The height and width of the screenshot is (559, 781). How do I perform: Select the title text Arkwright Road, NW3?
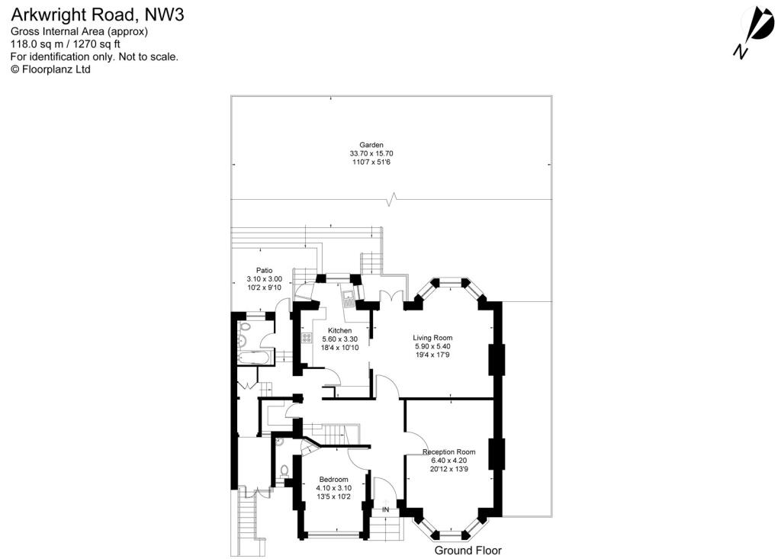click(96, 13)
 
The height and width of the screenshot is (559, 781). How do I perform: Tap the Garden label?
click(372, 144)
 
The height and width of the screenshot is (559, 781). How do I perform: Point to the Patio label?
click(264, 270)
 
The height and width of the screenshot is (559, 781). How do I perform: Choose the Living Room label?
click(432, 338)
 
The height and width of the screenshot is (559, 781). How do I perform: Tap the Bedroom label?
click(333, 479)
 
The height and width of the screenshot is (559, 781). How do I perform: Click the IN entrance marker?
click(386, 509)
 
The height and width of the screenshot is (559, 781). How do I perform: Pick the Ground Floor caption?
click(468, 550)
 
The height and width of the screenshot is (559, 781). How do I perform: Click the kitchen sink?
click(348, 297)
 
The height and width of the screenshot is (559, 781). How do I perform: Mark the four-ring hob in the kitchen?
click(307, 338)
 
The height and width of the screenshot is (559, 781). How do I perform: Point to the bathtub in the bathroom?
click(252, 358)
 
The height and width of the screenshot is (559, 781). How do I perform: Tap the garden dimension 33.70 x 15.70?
click(372, 153)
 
